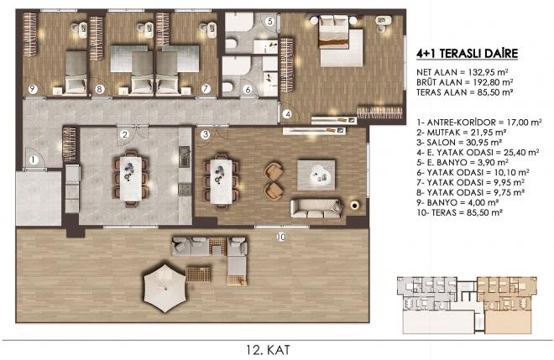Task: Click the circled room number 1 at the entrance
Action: coord(31,159)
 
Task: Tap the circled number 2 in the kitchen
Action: coord(123,133)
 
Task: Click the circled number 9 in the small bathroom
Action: coord(33,88)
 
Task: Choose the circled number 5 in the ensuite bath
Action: coord(270,20)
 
